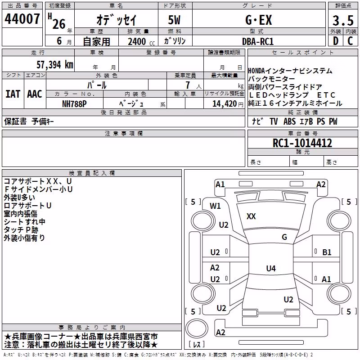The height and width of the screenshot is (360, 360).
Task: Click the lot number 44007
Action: point(22,19)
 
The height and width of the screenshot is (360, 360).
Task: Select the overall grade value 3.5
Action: point(343,20)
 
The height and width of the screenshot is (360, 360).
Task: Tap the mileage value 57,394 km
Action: point(55,65)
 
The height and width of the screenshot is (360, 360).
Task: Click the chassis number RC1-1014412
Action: point(302,143)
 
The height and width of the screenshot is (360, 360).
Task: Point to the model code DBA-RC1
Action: point(258,41)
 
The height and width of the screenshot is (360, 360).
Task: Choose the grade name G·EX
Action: point(258,20)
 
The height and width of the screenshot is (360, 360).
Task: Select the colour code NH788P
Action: point(74,104)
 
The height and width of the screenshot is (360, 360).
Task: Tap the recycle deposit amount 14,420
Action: point(225,104)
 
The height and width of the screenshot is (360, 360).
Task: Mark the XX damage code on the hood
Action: point(251,216)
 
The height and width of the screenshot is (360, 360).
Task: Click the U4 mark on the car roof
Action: point(271,268)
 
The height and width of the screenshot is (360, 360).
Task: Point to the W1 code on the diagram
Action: point(215,206)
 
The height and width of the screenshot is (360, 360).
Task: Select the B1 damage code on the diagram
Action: point(327,252)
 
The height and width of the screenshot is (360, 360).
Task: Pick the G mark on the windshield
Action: point(284,237)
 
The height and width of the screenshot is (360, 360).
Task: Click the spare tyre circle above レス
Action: point(197,328)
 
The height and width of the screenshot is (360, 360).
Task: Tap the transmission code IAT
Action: point(13,94)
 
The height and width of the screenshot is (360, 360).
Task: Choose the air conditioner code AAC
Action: point(35,94)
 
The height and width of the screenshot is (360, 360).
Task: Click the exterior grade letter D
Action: point(336,41)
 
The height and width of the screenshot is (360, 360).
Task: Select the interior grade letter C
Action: point(350,41)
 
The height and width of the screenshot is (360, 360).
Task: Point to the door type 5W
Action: point(174,20)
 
